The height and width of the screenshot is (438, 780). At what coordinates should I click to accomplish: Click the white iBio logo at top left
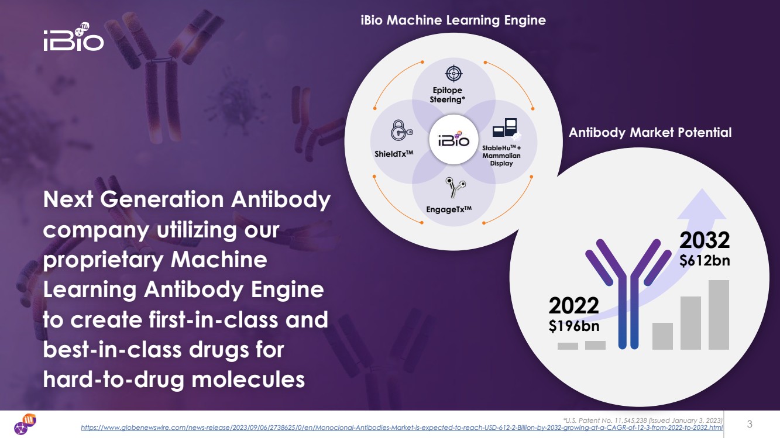point(74,37)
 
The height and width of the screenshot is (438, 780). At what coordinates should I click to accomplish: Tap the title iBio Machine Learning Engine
point(453,20)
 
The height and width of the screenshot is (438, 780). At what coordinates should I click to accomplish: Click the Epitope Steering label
point(448,95)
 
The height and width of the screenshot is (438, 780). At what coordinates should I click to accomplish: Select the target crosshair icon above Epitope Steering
point(453,74)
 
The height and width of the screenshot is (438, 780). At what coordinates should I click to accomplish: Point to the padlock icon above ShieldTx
point(401,130)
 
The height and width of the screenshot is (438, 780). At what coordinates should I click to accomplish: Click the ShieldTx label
point(394,153)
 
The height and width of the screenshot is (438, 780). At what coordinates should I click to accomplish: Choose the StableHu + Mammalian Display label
point(501,156)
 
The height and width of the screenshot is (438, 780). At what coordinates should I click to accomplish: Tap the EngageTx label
point(449,209)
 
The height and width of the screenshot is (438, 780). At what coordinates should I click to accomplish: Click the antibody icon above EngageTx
point(455,187)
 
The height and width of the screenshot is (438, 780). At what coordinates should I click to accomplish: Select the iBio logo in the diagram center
point(453,140)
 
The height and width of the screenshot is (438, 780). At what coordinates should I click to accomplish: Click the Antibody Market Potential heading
point(650,133)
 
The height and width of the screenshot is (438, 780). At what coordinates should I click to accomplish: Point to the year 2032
point(705,240)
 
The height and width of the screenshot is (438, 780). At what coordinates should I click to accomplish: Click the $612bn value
point(705,261)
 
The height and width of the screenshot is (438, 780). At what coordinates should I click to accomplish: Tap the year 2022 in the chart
point(574,305)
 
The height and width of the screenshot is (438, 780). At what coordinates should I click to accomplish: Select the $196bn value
point(574,326)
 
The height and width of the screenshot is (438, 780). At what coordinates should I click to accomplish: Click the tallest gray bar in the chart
point(719,315)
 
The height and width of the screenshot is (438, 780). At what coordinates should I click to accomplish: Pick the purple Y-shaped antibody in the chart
point(628,294)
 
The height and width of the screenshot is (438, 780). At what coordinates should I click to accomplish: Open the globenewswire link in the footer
point(402,427)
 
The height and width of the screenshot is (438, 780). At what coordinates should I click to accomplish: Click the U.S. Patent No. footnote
point(642,420)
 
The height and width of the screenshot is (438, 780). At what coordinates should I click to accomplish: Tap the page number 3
point(750,424)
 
